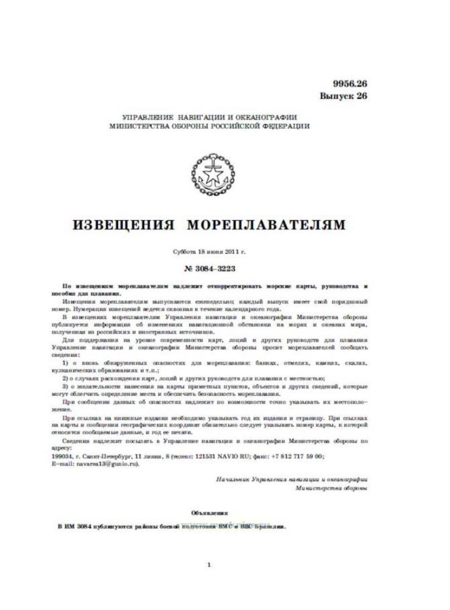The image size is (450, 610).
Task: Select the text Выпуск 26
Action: pyautogui.click(x=343, y=96)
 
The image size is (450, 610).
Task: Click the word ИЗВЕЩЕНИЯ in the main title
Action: pyautogui.click(x=124, y=224)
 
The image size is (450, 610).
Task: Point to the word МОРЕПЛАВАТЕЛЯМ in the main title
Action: pyautogui.click(x=266, y=224)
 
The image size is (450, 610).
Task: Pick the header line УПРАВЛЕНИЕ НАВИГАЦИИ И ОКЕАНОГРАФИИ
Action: pyautogui.click(x=210, y=118)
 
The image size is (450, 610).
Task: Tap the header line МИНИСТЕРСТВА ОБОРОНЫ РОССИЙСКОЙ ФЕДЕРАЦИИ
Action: pyautogui.click(x=210, y=126)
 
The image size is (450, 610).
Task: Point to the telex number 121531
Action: pyautogui.click(x=206, y=456)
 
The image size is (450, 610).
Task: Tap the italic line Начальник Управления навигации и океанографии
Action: pyautogui.click(x=291, y=480)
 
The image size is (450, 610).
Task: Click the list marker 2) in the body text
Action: pyautogui.click(x=67, y=378)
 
